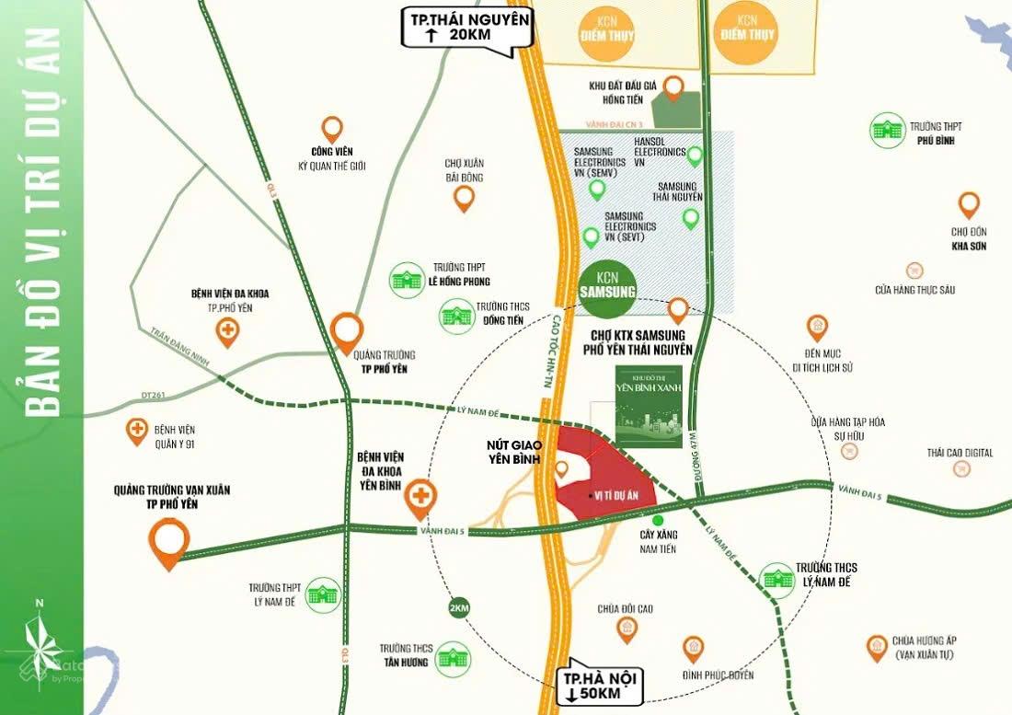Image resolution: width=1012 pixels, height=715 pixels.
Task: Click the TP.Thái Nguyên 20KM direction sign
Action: point(466,28)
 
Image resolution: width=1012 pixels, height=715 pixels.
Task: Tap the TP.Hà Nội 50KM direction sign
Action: point(599,686)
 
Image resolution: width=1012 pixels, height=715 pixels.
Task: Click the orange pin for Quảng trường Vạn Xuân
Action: point(169,539)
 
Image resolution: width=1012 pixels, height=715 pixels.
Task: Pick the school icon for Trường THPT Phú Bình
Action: point(888,129)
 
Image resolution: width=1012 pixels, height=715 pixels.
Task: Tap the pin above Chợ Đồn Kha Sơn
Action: point(968,205)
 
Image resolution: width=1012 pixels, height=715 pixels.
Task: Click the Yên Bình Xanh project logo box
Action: point(649,407)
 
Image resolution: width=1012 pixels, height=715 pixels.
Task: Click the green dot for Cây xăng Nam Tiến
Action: point(657,521)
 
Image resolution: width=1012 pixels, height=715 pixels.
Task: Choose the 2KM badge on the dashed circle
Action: point(458,608)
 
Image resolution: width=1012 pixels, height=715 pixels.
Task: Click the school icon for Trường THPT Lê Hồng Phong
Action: point(405,275)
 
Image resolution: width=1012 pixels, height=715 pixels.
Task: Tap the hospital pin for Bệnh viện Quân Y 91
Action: point(137,431)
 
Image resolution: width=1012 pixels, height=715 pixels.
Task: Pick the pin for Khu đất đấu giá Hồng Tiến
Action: point(673,88)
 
